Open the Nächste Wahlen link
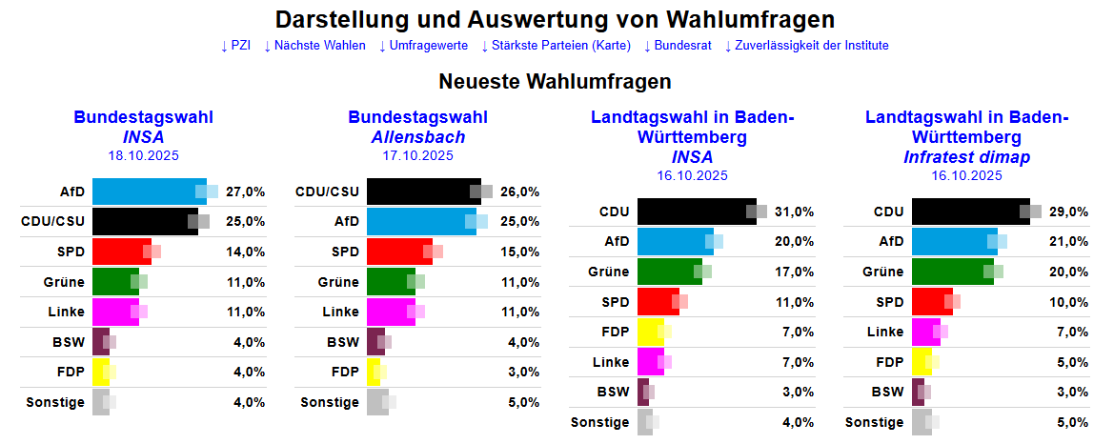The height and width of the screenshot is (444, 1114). pos(314,45)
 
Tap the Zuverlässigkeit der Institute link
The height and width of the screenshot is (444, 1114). pos(806,45)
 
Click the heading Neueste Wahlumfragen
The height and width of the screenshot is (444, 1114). pos(555,82)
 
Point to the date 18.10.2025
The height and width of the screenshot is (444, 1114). pos(143,155)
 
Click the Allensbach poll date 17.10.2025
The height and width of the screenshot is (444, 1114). pos(417,155)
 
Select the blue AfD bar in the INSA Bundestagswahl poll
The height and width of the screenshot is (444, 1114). pos(149,192)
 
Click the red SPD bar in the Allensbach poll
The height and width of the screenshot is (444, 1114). pos(398,252)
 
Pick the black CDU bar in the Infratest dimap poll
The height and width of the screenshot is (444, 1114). pos(970,212)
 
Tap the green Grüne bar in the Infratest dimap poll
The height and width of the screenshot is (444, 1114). pos(952,272)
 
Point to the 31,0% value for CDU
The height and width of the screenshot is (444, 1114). pos(795,212)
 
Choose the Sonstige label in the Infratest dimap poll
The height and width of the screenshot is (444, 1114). pos(874,422)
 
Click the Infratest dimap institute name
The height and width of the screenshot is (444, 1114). pos(966,156)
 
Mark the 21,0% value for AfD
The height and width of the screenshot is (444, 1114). pos(1069,242)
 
